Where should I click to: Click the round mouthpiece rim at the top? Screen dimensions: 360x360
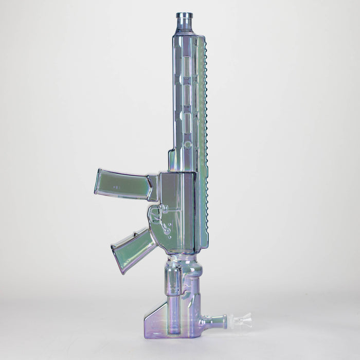coord(184,15)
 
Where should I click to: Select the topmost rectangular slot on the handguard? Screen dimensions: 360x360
coord(187,66)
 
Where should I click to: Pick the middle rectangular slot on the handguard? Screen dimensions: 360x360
coord(187,95)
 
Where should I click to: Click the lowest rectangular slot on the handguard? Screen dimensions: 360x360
coord(187,124)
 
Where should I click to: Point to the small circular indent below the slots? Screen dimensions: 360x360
coord(187,145)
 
